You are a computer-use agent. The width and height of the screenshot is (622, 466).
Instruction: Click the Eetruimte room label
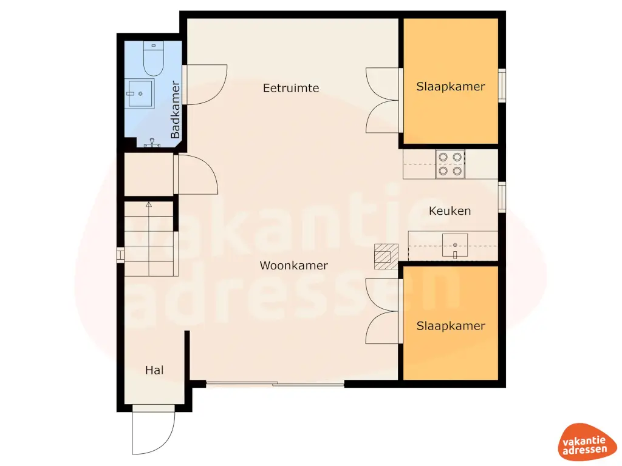click(290, 88)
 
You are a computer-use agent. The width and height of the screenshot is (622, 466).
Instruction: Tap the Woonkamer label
click(293, 265)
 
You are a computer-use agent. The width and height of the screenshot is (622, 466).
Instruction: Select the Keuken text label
click(449, 211)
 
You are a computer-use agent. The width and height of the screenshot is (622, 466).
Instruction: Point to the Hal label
click(154, 370)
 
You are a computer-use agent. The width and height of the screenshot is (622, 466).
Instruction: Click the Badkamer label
click(176, 110)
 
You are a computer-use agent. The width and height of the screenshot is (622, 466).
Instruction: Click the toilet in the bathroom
click(153, 57)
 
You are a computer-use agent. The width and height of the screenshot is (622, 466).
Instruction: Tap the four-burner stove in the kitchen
click(449, 164)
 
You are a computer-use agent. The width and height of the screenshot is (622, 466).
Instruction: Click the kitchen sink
click(454, 246)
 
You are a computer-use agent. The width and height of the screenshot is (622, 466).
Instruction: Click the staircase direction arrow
click(148, 205)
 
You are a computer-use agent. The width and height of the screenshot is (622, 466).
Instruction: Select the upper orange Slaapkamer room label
click(450, 87)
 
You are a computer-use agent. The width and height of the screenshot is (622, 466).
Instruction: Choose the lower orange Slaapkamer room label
click(450, 326)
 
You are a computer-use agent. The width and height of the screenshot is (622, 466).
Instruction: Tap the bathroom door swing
click(205, 85)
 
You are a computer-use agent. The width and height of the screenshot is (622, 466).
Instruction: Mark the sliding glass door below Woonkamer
click(275, 384)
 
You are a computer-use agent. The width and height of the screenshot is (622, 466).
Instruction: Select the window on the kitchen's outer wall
click(502, 197)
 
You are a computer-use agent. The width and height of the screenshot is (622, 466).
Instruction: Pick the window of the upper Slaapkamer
click(502, 85)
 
